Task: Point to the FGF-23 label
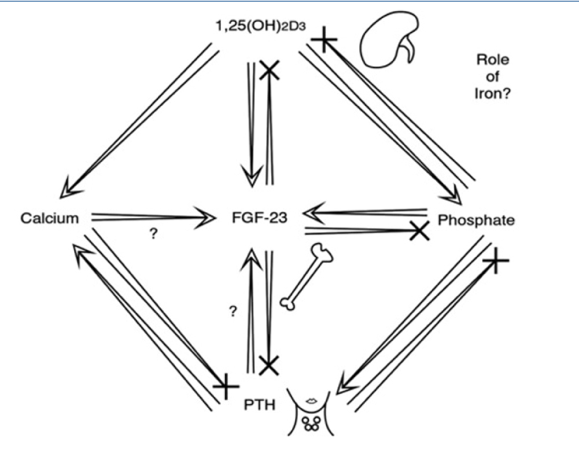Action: tap(258, 219)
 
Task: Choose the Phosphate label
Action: tap(476, 220)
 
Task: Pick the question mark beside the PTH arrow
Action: tap(233, 312)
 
